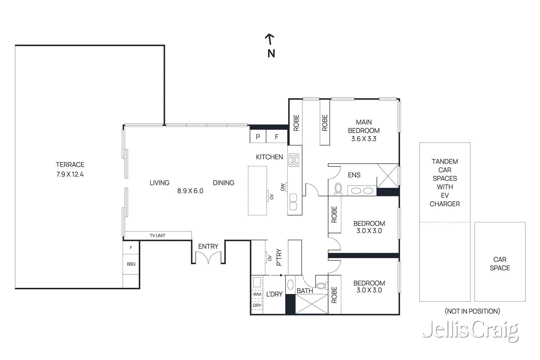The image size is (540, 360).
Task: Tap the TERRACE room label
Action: pos(70,165)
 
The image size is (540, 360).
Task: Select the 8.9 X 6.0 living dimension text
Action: pos(190,191)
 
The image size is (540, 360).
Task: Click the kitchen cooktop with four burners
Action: pos(294,160)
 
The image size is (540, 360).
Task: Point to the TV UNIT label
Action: pos(157,236)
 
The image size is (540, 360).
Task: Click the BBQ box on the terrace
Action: pos(131,264)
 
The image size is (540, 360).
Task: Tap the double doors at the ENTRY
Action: pos(208,258)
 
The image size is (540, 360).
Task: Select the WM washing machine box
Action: pos(257,294)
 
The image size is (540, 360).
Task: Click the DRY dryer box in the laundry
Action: pos(257,305)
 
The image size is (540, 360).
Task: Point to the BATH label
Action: pos(304,291)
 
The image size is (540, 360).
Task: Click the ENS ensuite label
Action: pos(354,175)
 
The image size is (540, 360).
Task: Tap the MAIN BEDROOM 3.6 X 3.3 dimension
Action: pos(363,139)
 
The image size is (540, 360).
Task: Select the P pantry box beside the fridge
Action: pos(258,137)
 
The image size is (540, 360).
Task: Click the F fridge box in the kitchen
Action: pos(276,137)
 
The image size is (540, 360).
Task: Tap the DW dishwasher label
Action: pos(283,187)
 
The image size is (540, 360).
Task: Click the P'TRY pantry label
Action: pos(279,257)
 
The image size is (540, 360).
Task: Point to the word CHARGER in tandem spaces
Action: pos(444,204)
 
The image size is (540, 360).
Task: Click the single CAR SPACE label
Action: pos(500,264)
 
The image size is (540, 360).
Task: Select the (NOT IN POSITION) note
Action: pos(472,311)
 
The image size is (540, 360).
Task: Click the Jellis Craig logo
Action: pos(471,330)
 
